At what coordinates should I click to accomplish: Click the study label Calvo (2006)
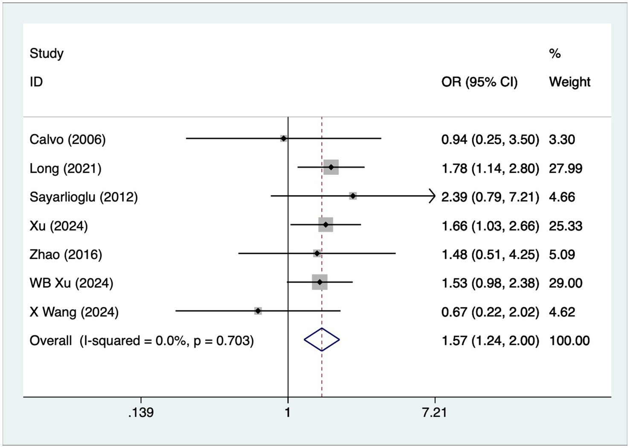pos(67,139)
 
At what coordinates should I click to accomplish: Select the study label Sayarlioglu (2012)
pos(84,197)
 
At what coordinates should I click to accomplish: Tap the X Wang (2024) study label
pos(74,312)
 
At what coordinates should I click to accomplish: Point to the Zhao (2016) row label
pos(66,254)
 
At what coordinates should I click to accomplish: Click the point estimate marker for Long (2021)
pos(331,167)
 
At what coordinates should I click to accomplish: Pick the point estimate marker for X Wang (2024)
pos(258,311)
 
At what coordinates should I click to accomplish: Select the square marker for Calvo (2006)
pos(284,138)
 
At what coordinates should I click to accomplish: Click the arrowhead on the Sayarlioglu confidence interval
pos(432,196)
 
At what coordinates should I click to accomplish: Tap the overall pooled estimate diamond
pos(322,339)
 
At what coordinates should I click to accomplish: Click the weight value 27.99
pos(565,168)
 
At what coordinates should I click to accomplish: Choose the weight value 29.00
pos(565,283)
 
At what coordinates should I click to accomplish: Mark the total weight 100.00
pos(569,341)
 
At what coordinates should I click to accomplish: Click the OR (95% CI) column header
pos(479,82)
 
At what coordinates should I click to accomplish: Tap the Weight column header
pos(569,82)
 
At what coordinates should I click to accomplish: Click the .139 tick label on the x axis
pos(141,412)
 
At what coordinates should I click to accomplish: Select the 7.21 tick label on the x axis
pos(435,412)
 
